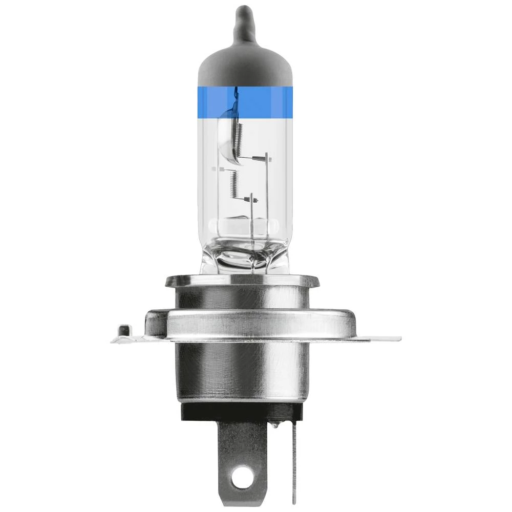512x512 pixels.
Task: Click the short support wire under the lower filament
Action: [251, 210]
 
